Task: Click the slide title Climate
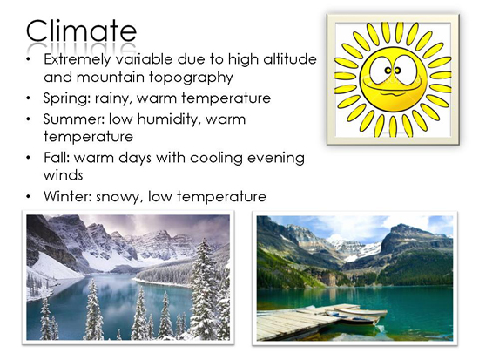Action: tap(81, 31)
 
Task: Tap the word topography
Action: tap(192, 78)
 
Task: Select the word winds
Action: tap(64, 175)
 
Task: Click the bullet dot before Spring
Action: tap(29, 98)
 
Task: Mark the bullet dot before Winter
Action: tap(29, 197)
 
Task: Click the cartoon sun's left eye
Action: tap(388, 71)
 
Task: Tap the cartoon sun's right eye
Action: tap(397, 71)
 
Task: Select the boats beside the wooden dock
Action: tap(356, 315)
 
